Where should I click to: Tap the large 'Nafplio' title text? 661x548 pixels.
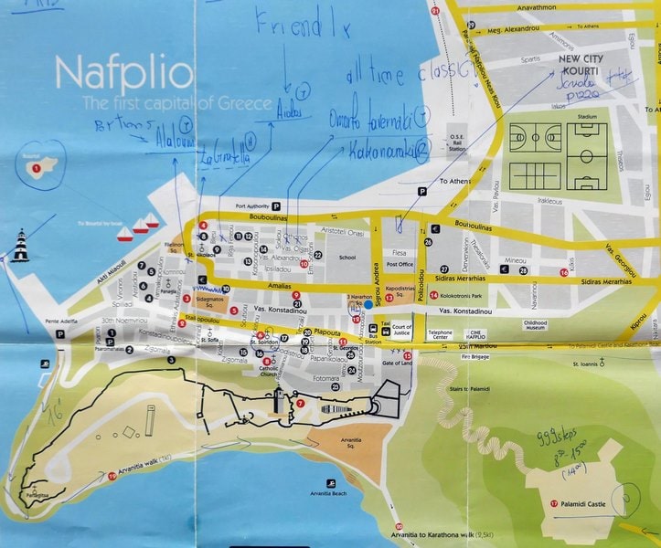(x=123, y=73)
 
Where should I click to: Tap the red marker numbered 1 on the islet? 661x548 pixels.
(x=36, y=168)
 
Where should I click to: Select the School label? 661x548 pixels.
(x=346, y=258)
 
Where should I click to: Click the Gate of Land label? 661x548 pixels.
(x=397, y=364)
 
